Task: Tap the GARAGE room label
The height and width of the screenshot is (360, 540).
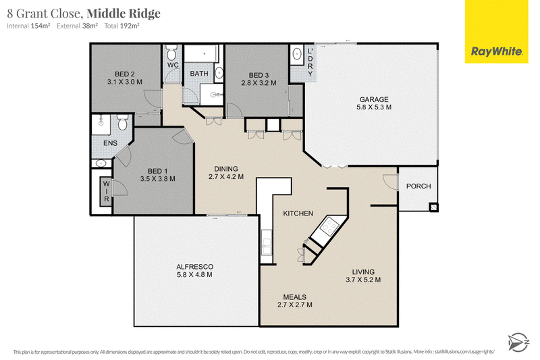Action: tap(374, 99)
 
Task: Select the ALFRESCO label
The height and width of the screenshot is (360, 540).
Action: tap(194, 267)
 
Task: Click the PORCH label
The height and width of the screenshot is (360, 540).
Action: tap(418, 186)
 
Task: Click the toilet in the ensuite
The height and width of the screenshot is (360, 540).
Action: tap(123, 122)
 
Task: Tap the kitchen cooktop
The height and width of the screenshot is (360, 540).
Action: tap(329, 226)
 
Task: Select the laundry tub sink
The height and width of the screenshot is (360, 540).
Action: tap(296, 54)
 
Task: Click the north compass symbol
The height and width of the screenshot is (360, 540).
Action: tap(518, 342)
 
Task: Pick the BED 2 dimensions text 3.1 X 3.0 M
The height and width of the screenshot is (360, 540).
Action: tap(125, 82)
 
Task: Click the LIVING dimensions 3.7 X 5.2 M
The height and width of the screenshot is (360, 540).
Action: tap(363, 280)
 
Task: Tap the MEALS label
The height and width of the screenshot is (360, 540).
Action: tap(295, 297)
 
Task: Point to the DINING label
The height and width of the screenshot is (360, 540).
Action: tap(226, 169)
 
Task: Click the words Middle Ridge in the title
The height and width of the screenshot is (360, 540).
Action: tap(124, 14)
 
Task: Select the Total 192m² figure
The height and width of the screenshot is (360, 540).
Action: tap(122, 26)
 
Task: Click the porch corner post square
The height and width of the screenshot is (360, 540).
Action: tap(433, 207)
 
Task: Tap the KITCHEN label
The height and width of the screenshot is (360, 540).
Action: tap(298, 213)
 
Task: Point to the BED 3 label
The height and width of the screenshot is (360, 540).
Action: tap(259, 75)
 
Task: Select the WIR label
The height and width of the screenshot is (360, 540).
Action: tap(107, 192)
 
